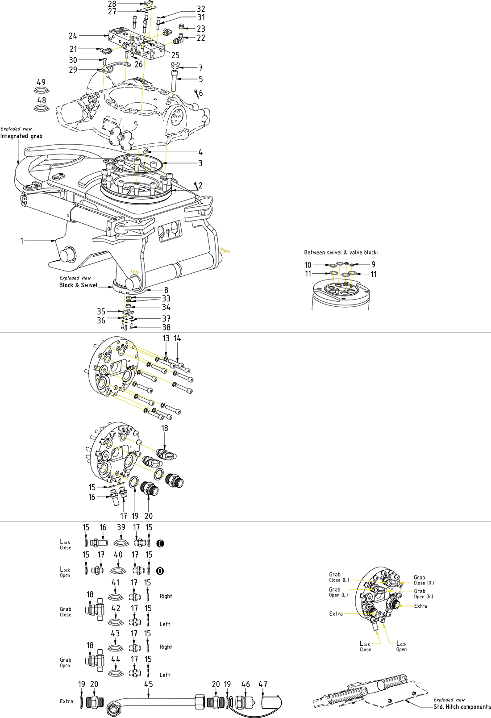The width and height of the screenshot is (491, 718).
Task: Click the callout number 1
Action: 21,241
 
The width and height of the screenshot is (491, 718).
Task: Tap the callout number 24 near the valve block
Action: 73,36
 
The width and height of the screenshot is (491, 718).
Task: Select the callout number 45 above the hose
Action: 149,684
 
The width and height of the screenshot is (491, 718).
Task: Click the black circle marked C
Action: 161,543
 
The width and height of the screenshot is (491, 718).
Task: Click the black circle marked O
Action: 161,571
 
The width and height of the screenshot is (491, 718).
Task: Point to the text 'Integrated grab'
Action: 21,136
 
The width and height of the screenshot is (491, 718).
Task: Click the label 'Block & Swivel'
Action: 78,285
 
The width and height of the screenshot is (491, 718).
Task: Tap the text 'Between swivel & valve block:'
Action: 341,252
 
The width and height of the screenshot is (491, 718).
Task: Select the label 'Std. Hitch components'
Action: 462,707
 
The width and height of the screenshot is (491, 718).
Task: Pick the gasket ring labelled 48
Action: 41,109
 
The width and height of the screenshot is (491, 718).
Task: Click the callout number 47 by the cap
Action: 263,684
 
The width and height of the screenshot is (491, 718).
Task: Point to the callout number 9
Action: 374,264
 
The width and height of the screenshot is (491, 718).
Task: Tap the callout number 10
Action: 308,265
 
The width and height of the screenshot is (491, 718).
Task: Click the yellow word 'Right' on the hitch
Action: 225,251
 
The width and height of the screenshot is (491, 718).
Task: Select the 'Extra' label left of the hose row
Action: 67,701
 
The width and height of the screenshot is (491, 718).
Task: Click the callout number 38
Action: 166,327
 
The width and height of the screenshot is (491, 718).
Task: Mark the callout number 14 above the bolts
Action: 177,338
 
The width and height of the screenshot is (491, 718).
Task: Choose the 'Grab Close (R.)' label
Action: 423,580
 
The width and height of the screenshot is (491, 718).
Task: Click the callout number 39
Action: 121,527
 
